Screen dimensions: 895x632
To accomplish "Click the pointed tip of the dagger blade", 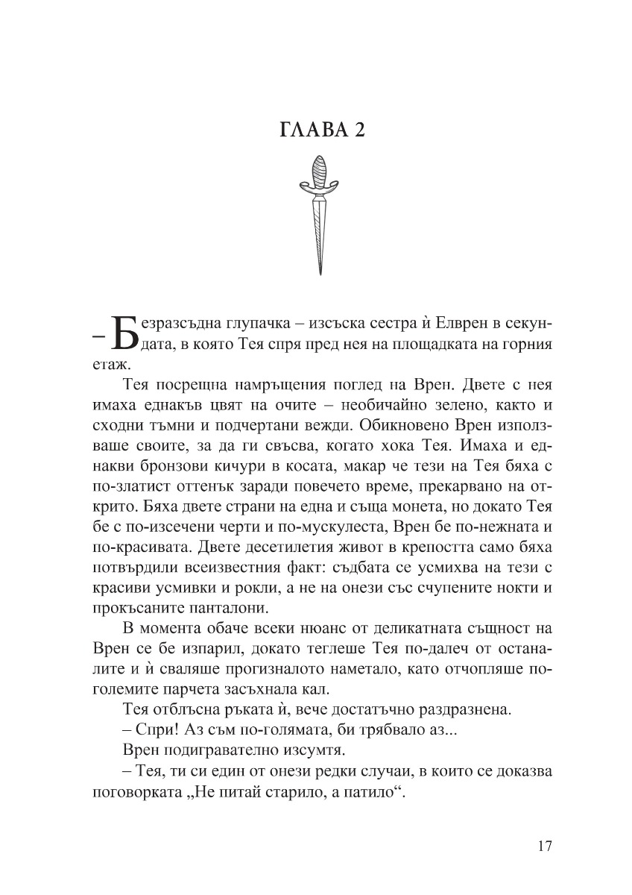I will pyautogui.click(x=319, y=272).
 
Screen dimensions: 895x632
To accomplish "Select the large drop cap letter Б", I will pyautogui.click(x=124, y=333).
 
